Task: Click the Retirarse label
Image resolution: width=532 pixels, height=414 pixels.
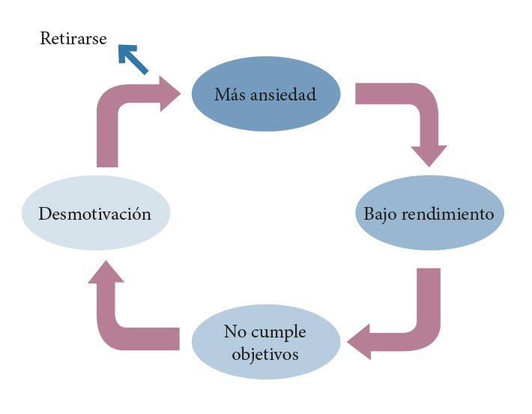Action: coord(73,38)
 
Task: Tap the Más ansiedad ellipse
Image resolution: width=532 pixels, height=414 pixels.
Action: coord(265,94)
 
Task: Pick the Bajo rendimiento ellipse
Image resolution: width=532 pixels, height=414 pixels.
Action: coord(429,214)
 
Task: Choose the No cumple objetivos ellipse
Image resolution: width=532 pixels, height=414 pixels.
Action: coord(265,342)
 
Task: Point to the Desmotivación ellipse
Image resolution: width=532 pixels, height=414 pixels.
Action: coord(95,214)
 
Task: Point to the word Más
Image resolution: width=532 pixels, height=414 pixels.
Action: coord(228,94)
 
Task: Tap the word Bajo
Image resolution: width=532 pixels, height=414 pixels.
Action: coord(380,214)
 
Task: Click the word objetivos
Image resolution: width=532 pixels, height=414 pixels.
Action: coord(265,352)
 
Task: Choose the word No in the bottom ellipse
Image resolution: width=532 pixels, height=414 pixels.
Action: coord(234,331)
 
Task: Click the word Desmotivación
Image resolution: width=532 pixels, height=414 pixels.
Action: coord(95,214)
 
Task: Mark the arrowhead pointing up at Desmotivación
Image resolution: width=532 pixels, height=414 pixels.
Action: coord(106,272)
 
